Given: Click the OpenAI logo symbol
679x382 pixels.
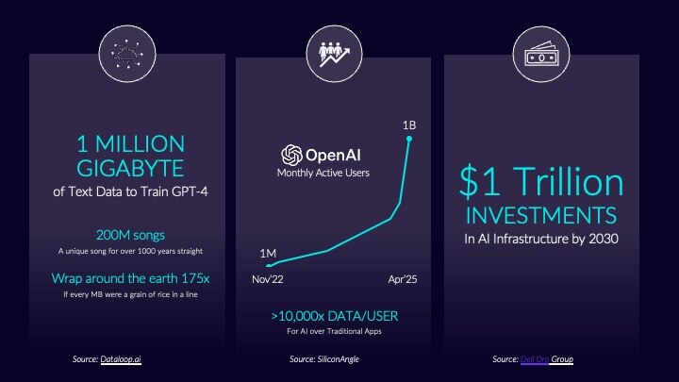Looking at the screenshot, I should pyautogui.click(x=290, y=155).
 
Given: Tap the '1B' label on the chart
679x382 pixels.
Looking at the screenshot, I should pyautogui.click(x=409, y=125).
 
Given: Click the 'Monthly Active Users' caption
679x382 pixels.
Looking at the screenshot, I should pyautogui.click(x=323, y=174).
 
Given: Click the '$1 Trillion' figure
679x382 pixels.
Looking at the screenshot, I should pyautogui.click(x=542, y=182).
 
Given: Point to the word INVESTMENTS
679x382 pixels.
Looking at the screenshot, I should pyautogui.click(x=542, y=216).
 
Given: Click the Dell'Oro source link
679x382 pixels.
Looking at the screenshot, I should pyautogui.click(x=534, y=359).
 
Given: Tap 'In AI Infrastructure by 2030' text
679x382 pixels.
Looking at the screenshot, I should pyautogui.click(x=542, y=239).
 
